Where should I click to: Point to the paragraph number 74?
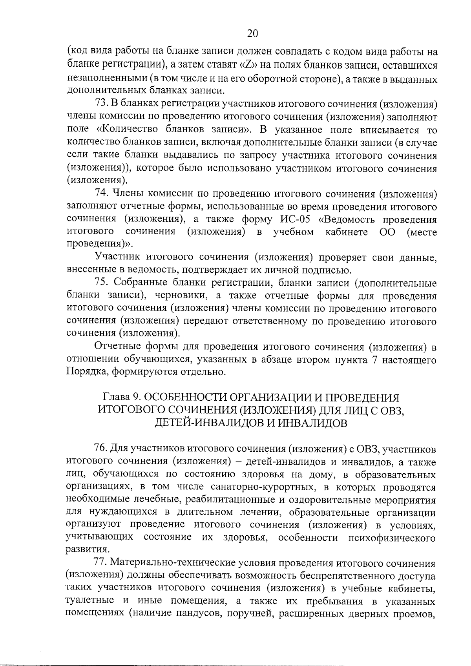tap(101, 193)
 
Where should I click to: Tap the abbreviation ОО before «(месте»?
tap(387, 232)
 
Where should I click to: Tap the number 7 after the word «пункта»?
tap(374, 359)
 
